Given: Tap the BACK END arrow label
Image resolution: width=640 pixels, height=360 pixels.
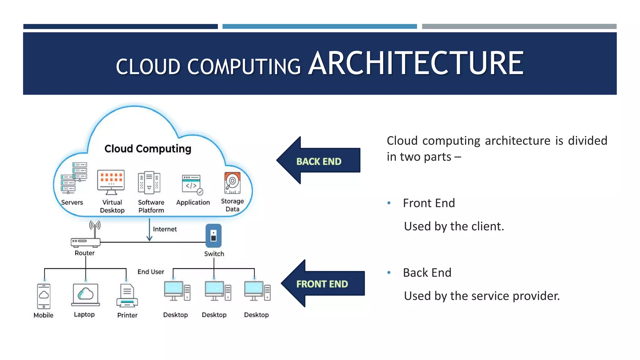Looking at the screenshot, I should [x=319, y=161].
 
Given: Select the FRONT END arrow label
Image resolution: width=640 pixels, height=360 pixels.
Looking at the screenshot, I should [x=322, y=284].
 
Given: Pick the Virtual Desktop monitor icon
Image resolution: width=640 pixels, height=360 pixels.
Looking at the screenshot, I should [x=111, y=182].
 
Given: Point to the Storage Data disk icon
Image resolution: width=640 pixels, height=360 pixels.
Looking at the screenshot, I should [x=232, y=183].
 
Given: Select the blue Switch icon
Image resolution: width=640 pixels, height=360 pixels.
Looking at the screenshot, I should [x=213, y=236].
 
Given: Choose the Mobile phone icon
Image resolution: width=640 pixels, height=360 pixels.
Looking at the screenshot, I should [x=44, y=296].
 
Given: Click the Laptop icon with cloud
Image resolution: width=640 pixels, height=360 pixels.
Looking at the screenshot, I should [x=85, y=295].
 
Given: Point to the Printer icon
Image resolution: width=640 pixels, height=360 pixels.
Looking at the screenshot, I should [x=127, y=296].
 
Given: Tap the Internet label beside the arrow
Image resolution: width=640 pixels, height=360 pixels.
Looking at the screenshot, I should [x=165, y=229].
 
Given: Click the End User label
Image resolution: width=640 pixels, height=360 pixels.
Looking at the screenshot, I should [x=151, y=272].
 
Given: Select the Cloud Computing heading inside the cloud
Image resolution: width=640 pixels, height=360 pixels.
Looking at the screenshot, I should [x=147, y=148].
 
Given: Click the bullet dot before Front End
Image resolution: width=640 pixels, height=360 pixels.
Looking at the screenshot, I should [x=389, y=203].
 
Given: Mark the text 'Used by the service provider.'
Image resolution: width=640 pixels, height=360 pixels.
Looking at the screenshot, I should [x=482, y=296].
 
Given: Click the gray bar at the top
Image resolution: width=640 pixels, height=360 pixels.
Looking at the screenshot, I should [x=519, y=27].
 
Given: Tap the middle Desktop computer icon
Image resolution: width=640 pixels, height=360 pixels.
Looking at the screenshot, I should [x=217, y=291].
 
